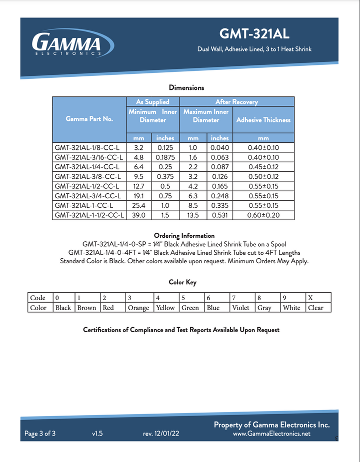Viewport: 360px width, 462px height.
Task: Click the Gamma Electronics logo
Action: (67, 43)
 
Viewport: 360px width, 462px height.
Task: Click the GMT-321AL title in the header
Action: (254, 34)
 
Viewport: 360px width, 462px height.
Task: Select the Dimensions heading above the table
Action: (186, 87)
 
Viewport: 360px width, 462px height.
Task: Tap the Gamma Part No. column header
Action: (89, 119)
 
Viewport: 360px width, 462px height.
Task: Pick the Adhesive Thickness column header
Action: (263, 120)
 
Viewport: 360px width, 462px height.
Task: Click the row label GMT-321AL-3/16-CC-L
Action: (88, 157)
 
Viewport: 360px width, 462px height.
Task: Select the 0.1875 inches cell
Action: (165, 157)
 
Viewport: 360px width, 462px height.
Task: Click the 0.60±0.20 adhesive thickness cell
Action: (263, 215)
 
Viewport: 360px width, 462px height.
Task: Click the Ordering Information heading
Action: (184, 235)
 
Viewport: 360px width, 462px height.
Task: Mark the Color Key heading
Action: (182, 282)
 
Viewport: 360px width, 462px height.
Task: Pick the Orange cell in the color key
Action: (138, 308)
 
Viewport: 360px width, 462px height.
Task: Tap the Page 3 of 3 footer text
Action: (40, 434)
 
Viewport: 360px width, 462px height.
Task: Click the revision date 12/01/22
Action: (161, 434)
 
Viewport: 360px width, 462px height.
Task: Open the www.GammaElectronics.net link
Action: (271, 434)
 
